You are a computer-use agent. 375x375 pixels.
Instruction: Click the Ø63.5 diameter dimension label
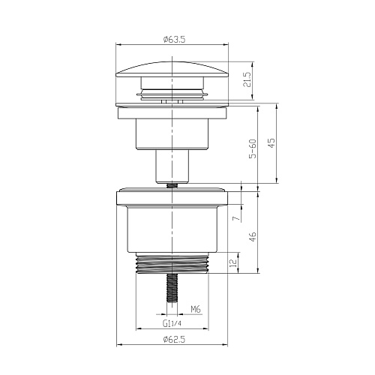[172, 40]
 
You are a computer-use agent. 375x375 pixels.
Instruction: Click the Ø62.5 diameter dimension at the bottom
[172, 340]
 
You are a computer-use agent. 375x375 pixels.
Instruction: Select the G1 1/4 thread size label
[172, 323]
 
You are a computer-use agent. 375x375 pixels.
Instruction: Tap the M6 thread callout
[194, 308]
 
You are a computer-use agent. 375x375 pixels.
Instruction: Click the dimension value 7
[235, 218]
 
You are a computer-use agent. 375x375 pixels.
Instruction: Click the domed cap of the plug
[172, 71]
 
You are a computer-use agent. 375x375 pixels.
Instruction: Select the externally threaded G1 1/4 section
[172, 265]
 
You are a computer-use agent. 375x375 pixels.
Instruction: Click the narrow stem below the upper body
[172, 164]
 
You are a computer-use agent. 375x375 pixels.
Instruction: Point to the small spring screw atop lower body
[172, 183]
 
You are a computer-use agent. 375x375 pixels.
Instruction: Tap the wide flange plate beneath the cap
[172, 104]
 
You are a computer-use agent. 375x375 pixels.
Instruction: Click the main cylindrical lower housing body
[172, 232]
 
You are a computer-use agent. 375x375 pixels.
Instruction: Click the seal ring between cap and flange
[172, 94]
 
